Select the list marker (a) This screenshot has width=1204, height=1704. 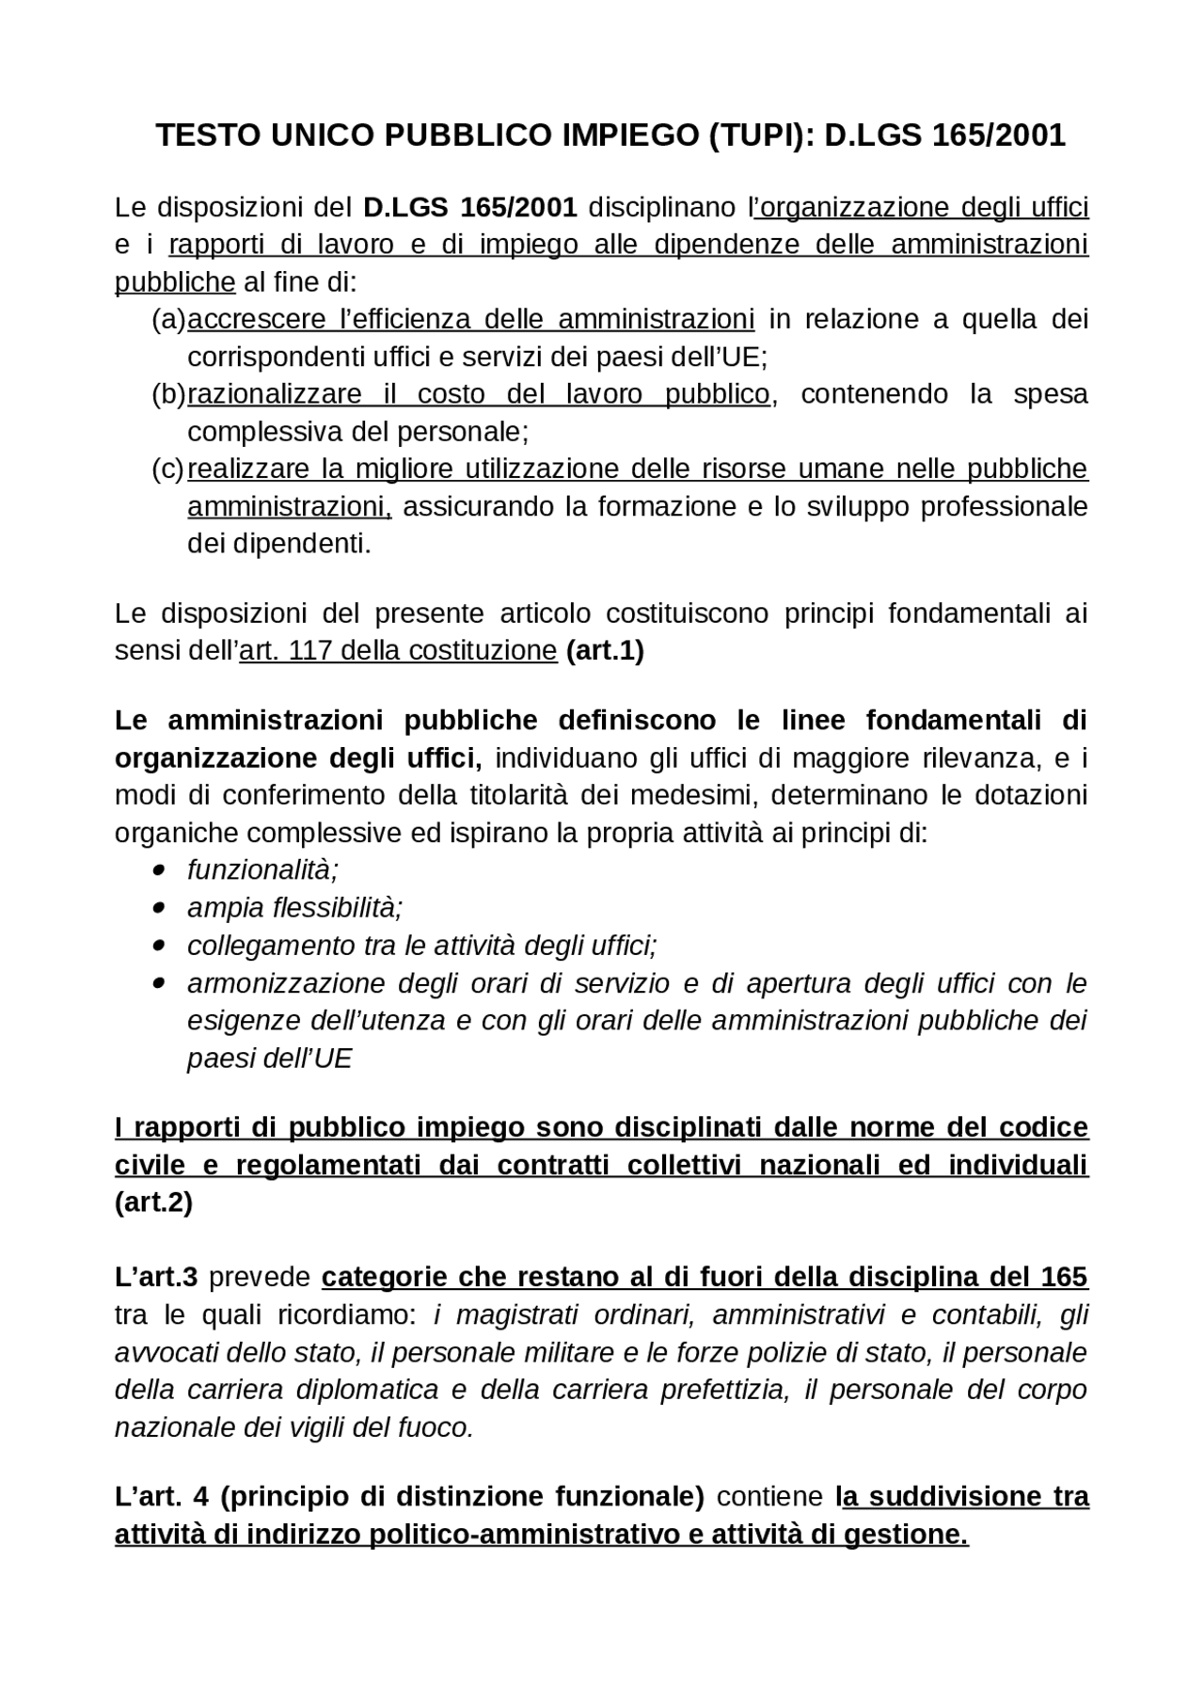coord(168,320)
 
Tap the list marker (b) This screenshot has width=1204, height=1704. coord(168,394)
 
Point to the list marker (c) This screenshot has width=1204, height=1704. coord(168,470)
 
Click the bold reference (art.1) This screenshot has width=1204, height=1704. coord(605,651)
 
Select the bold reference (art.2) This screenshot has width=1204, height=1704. coord(153,1203)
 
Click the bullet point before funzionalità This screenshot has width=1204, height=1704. coord(158,870)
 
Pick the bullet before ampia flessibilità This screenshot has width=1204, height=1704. coord(158,908)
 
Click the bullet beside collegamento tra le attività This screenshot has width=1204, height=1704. coord(158,946)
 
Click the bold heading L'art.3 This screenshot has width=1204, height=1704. coord(156,1278)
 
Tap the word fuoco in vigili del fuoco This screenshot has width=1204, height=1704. coord(436,1428)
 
